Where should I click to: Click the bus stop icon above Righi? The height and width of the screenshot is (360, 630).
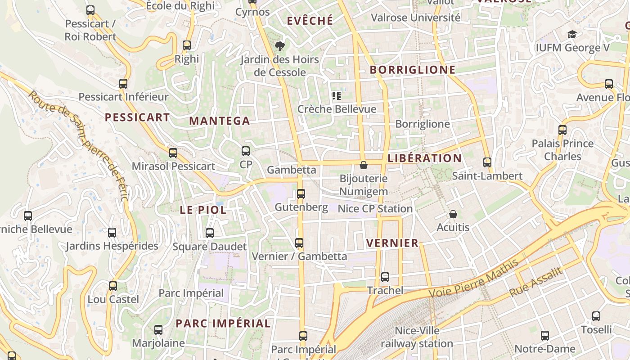point(186,45)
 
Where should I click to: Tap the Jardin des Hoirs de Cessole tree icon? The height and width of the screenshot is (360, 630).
point(280,46)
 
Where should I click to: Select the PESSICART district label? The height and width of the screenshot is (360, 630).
point(137,117)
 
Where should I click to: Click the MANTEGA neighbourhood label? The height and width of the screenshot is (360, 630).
point(219,121)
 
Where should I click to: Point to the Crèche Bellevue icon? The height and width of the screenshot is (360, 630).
point(336,95)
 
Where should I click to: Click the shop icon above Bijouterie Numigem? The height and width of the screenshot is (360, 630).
point(364,165)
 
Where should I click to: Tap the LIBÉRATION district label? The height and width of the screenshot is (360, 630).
point(424,158)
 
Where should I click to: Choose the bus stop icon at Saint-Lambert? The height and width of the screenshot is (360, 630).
point(487,162)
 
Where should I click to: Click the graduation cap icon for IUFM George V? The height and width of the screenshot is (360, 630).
point(572,34)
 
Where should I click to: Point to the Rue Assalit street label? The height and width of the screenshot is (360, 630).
point(535,282)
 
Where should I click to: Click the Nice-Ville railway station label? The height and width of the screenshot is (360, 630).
point(417,337)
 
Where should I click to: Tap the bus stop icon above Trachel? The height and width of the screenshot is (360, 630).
point(385,277)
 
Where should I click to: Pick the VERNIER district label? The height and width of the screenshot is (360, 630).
point(392,243)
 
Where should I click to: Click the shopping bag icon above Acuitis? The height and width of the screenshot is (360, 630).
point(453,214)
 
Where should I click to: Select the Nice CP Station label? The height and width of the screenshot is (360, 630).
point(375,209)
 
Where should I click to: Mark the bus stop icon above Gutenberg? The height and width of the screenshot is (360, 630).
point(301,194)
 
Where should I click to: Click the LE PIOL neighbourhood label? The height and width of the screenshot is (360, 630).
point(203,210)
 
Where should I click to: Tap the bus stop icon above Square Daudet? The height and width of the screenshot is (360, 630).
point(210,233)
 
